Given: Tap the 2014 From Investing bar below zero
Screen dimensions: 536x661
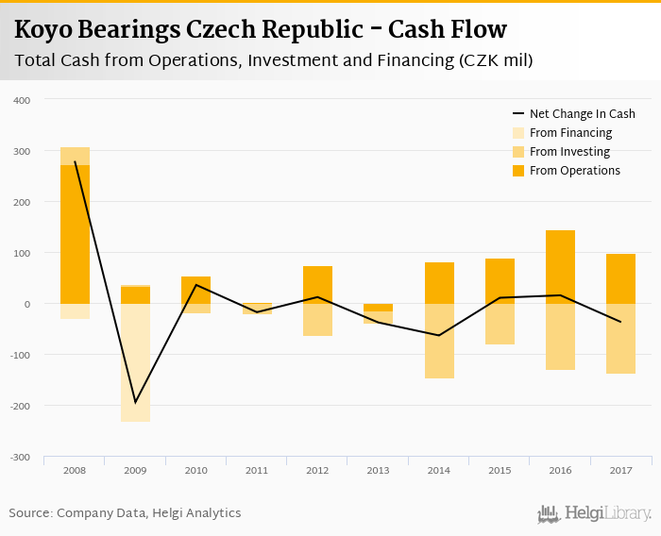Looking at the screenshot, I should [439, 341].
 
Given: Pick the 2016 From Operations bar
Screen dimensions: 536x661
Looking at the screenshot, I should [560, 267].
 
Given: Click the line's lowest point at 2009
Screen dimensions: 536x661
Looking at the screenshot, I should [135, 402].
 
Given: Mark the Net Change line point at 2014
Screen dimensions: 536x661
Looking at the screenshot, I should [439, 335].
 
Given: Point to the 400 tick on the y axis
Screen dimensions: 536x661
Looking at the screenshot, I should [22, 100].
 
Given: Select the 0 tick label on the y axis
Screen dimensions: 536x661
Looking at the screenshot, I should [26, 304].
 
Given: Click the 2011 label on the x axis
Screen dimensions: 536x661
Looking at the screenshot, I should [257, 470].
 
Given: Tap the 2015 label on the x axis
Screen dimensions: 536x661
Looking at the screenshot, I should [500, 470].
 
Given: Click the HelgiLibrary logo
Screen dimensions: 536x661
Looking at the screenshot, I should [594, 514].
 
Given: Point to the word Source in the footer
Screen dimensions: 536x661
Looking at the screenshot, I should [29, 513].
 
